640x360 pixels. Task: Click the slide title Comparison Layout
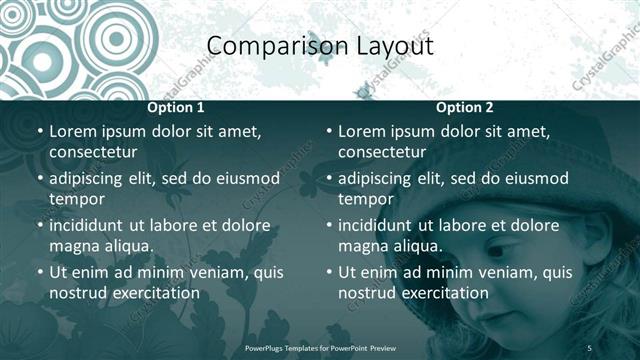(x=320, y=46)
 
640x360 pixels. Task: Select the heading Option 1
(x=176, y=108)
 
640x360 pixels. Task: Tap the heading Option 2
(x=464, y=108)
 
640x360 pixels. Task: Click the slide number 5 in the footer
(x=590, y=347)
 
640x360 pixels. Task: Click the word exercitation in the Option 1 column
(x=155, y=293)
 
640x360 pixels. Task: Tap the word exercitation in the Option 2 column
(x=444, y=293)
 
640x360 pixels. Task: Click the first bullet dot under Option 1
(x=39, y=132)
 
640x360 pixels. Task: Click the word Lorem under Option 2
(x=362, y=131)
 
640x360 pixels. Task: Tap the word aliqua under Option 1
(x=125, y=246)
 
